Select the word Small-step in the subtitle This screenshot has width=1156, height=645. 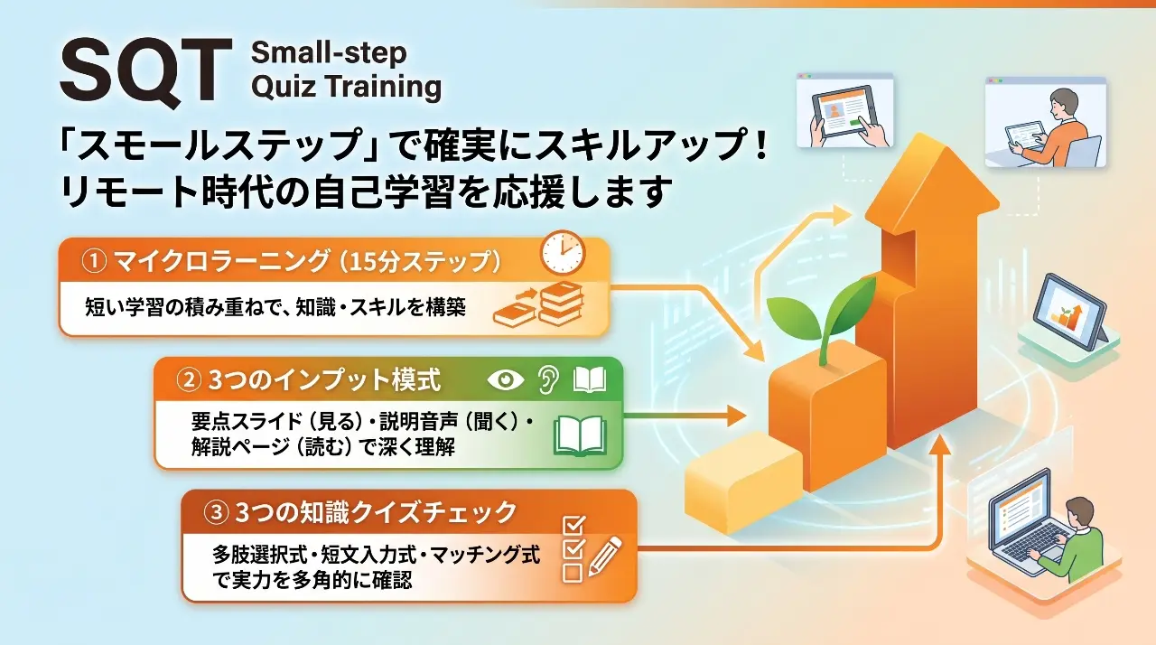pyautogui.click(x=329, y=53)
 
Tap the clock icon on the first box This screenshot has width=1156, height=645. pyautogui.click(x=563, y=252)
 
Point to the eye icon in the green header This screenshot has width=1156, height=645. pyautogui.click(x=505, y=380)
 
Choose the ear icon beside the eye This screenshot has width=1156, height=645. pyautogui.click(x=548, y=379)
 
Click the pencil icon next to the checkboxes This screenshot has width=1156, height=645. pyautogui.click(x=605, y=556)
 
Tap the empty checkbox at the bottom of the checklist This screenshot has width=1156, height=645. pyautogui.click(x=573, y=573)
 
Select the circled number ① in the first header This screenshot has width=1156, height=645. pyautogui.click(x=94, y=261)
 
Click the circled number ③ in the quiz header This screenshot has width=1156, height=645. pyautogui.click(x=216, y=513)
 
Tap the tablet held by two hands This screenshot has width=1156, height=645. pyautogui.click(x=844, y=114)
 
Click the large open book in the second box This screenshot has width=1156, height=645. pyautogui.click(x=580, y=436)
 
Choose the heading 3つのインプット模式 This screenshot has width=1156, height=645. pyautogui.click(x=324, y=381)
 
